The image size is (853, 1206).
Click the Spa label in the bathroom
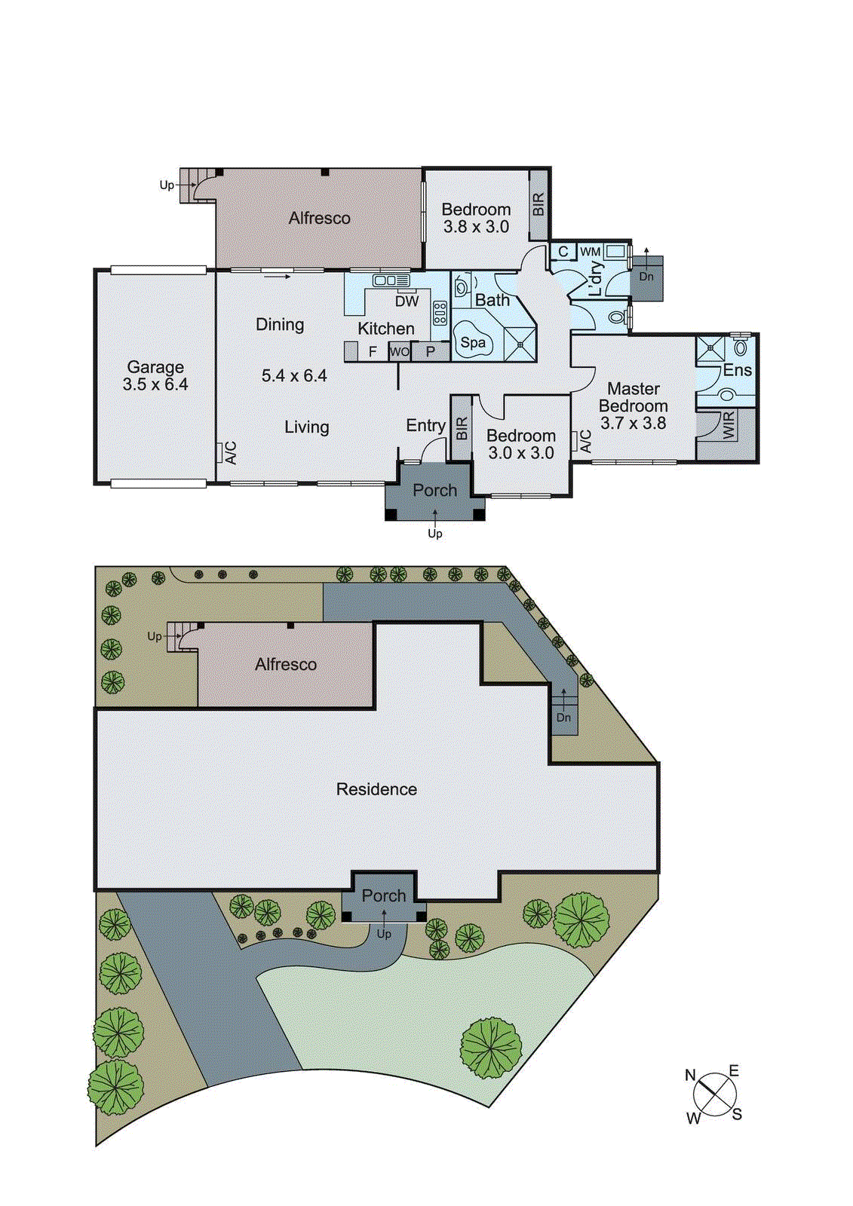[x=473, y=343]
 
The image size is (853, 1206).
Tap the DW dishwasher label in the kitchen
[x=407, y=301]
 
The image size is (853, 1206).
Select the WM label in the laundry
[x=590, y=252]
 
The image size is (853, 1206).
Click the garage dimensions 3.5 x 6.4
[x=155, y=384]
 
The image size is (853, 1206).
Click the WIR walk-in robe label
[x=728, y=426]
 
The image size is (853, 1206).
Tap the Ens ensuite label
[x=737, y=370]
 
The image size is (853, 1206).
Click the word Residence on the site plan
[x=376, y=789]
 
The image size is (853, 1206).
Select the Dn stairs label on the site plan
[x=564, y=718]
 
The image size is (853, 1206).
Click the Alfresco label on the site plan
[x=286, y=665]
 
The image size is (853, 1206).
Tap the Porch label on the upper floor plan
[x=435, y=491]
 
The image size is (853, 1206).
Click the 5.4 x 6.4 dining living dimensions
[x=294, y=376]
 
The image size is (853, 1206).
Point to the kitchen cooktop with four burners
[x=440, y=313]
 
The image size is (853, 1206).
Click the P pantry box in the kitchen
[x=431, y=351]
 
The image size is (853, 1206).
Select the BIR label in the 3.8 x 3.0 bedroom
[x=538, y=204]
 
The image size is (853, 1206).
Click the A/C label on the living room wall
[x=231, y=452]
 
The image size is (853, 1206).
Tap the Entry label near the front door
[x=425, y=426]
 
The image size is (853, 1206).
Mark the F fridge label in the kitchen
[x=373, y=352]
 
